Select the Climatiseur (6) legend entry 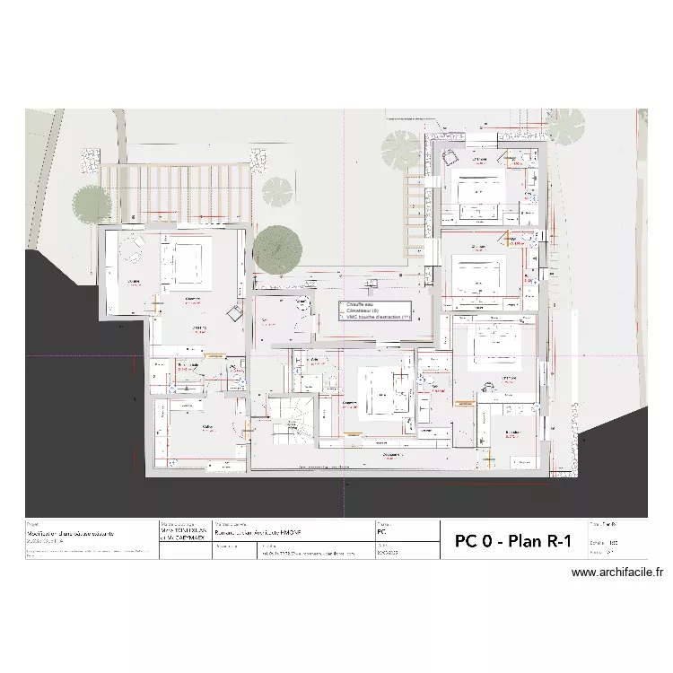(363, 311)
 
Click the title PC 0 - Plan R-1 (513, 541)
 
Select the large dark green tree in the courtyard (277, 245)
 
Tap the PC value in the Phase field (383, 532)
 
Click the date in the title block (385, 553)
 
